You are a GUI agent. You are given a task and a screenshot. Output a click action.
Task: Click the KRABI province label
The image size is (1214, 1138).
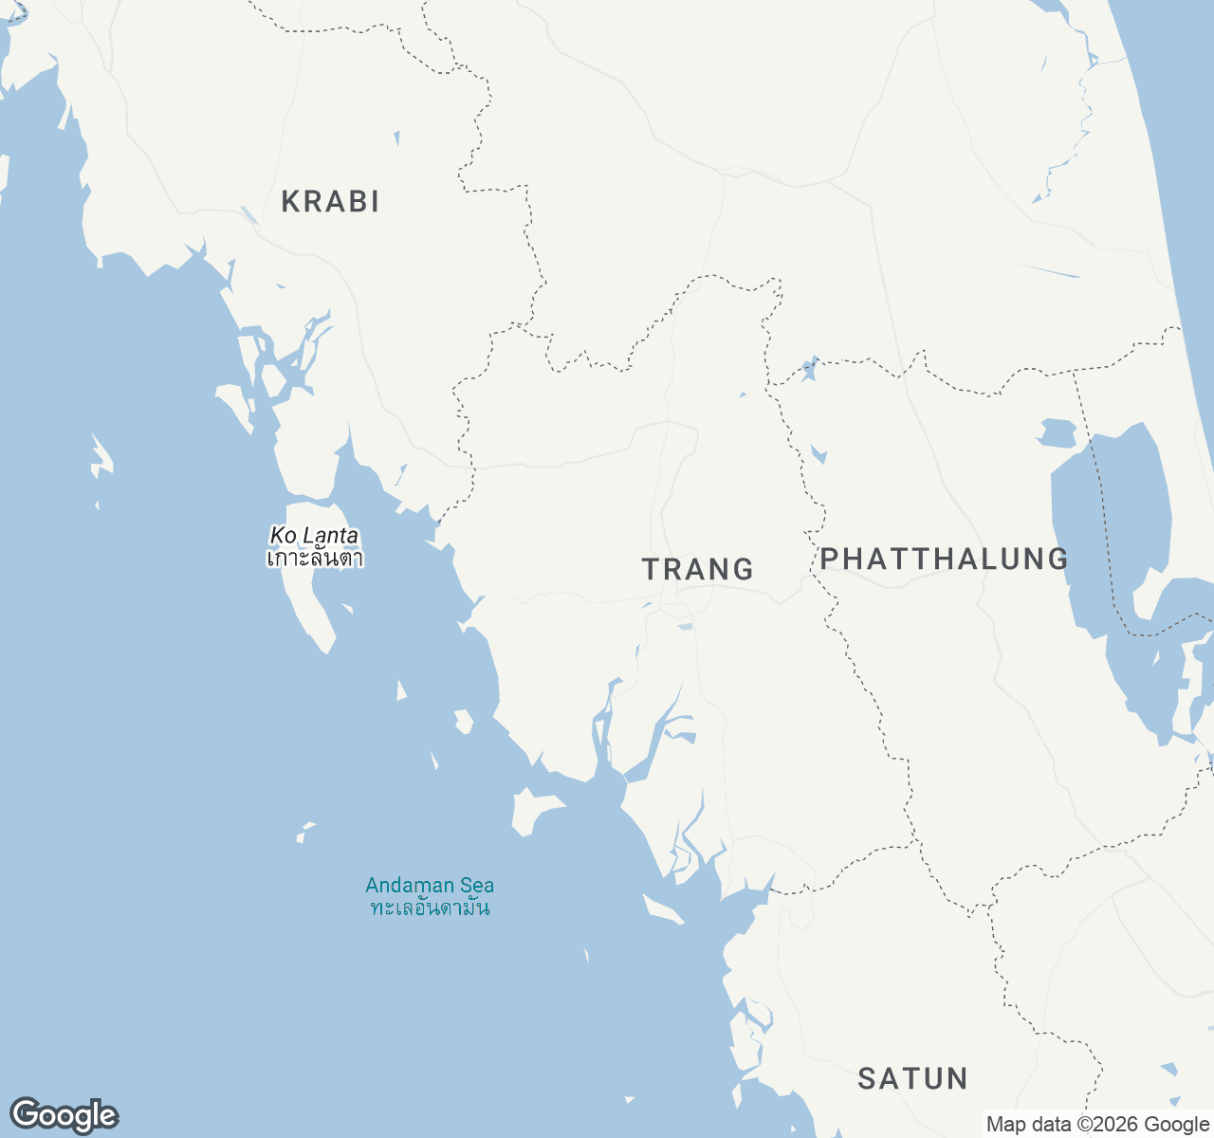coord(330,201)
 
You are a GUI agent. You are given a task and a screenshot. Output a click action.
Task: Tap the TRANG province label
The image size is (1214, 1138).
coord(698,569)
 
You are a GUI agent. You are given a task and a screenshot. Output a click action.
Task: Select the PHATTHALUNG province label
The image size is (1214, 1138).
coord(944,559)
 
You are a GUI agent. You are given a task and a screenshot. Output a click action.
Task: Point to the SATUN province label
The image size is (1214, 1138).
coord(912,1078)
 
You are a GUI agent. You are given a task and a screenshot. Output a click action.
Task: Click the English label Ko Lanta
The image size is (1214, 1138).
coord(314,536)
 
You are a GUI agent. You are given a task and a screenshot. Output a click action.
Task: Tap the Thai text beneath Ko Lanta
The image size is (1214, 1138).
coord(314,558)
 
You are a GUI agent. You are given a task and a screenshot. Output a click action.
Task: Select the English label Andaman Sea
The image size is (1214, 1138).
coord(430,886)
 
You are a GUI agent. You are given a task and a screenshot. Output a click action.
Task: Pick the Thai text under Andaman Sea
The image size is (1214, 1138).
coord(430,908)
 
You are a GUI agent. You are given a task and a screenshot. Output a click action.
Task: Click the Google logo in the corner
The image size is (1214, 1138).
coord(64,1115)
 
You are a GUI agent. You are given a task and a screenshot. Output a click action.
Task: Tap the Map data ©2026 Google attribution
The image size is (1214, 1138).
coord(1097,1125)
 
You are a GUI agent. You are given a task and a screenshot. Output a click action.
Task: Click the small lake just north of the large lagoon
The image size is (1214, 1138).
coord(1057,433)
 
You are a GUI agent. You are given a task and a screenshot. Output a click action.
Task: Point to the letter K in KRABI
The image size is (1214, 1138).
coord(291,201)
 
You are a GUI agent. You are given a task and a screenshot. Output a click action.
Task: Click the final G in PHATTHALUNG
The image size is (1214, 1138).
coord(1058,559)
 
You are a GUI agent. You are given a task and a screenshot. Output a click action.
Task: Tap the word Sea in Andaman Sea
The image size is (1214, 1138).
coord(477,886)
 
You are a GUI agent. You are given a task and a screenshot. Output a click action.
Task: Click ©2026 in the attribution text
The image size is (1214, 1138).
coord(1107,1125)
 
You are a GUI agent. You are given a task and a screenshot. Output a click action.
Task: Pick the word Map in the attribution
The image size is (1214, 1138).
coord(1006,1125)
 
